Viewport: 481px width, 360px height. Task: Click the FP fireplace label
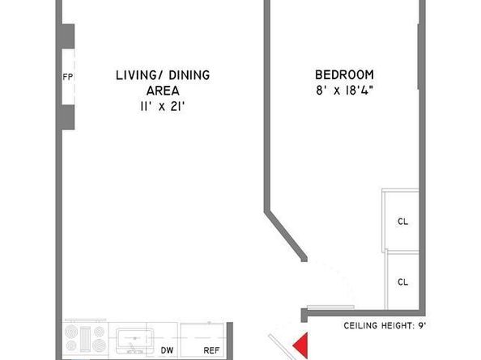click(68, 78)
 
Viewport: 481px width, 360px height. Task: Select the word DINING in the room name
click(189, 75)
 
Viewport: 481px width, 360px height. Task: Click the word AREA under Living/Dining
click(162, 91)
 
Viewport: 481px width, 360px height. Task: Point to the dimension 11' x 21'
click(162, 106)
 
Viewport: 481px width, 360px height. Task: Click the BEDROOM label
click(343, 75)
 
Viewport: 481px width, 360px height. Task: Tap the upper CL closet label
click(402, 221)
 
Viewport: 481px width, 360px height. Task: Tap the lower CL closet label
click(402, 282)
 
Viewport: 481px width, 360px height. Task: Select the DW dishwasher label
click(167, 350)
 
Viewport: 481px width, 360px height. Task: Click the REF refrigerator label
click(211, 350)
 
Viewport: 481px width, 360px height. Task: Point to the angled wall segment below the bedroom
click(285, 235)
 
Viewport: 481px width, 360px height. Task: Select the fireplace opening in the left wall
click(68, 77)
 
